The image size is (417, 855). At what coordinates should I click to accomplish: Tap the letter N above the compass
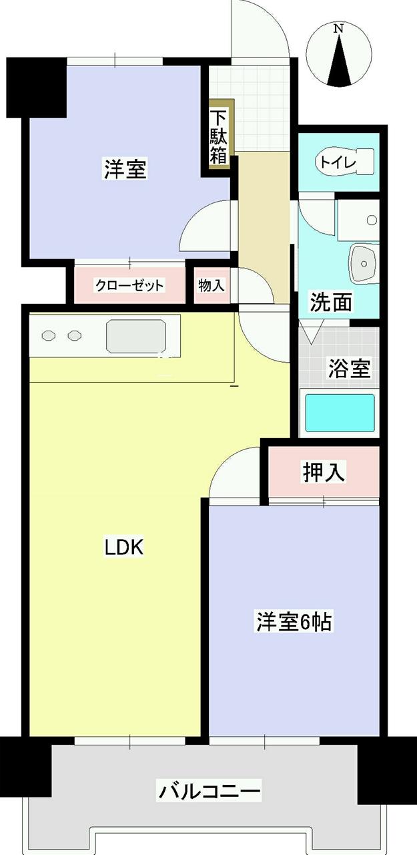point(339,29)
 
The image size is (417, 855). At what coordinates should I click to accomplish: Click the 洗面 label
point(331,303)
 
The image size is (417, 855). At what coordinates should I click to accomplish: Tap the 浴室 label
point(348,367)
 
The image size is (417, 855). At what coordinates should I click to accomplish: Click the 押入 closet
point(324,472)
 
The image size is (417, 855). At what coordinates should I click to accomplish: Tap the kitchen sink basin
point(135,336)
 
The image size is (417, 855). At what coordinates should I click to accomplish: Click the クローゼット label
point(129,286)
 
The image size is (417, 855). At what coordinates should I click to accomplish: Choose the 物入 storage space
point(211,285)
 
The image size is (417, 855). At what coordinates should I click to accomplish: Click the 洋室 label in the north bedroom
point(125,169)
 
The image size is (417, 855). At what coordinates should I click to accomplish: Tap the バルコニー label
point(209,792)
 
